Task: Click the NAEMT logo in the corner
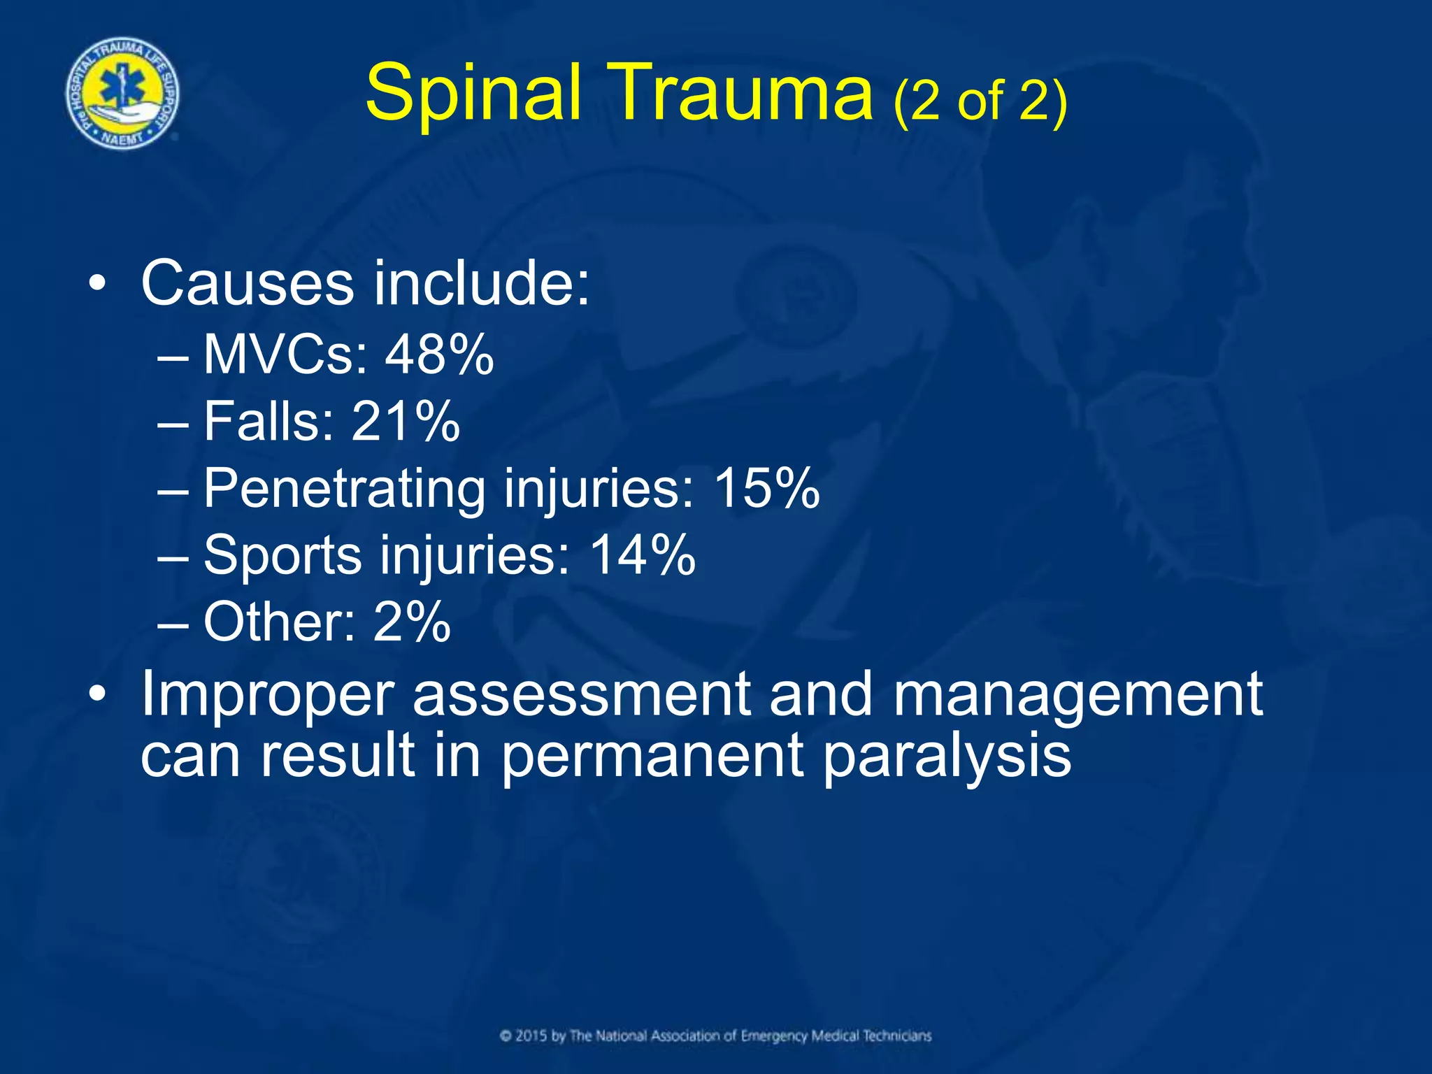click(123, 94)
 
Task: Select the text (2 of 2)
click(980, 101)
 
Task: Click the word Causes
click(248, 284)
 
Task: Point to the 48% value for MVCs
click(439, 355)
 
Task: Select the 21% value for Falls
click(406, 422)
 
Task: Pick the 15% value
click(766, 488)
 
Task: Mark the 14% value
click(643, 555)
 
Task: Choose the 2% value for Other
click(412, 622)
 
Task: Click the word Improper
click(268, 696)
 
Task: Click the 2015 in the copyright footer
click(531, 1036)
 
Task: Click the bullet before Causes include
click(98, 285)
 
